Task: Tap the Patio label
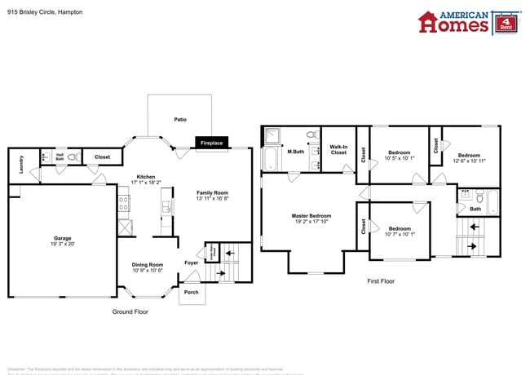(x=180, y=120)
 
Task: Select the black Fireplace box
(x=211, y=143)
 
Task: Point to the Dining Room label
(x=148, y=264)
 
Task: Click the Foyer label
(x=191, y=262)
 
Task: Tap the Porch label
(x=191, y=292)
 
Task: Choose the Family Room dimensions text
(x=212, y=198)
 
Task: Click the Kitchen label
(x=146, y=177)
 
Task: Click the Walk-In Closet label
(x=338, y=149)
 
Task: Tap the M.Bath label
(x=295, y=151)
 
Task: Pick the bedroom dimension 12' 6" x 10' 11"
(x=469, y=161)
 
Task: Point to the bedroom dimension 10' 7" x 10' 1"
(x=399, y=234)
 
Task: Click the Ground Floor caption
(x=130, y=312)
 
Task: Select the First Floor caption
(x=380, y=280)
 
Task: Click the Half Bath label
(x=60, y=157)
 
